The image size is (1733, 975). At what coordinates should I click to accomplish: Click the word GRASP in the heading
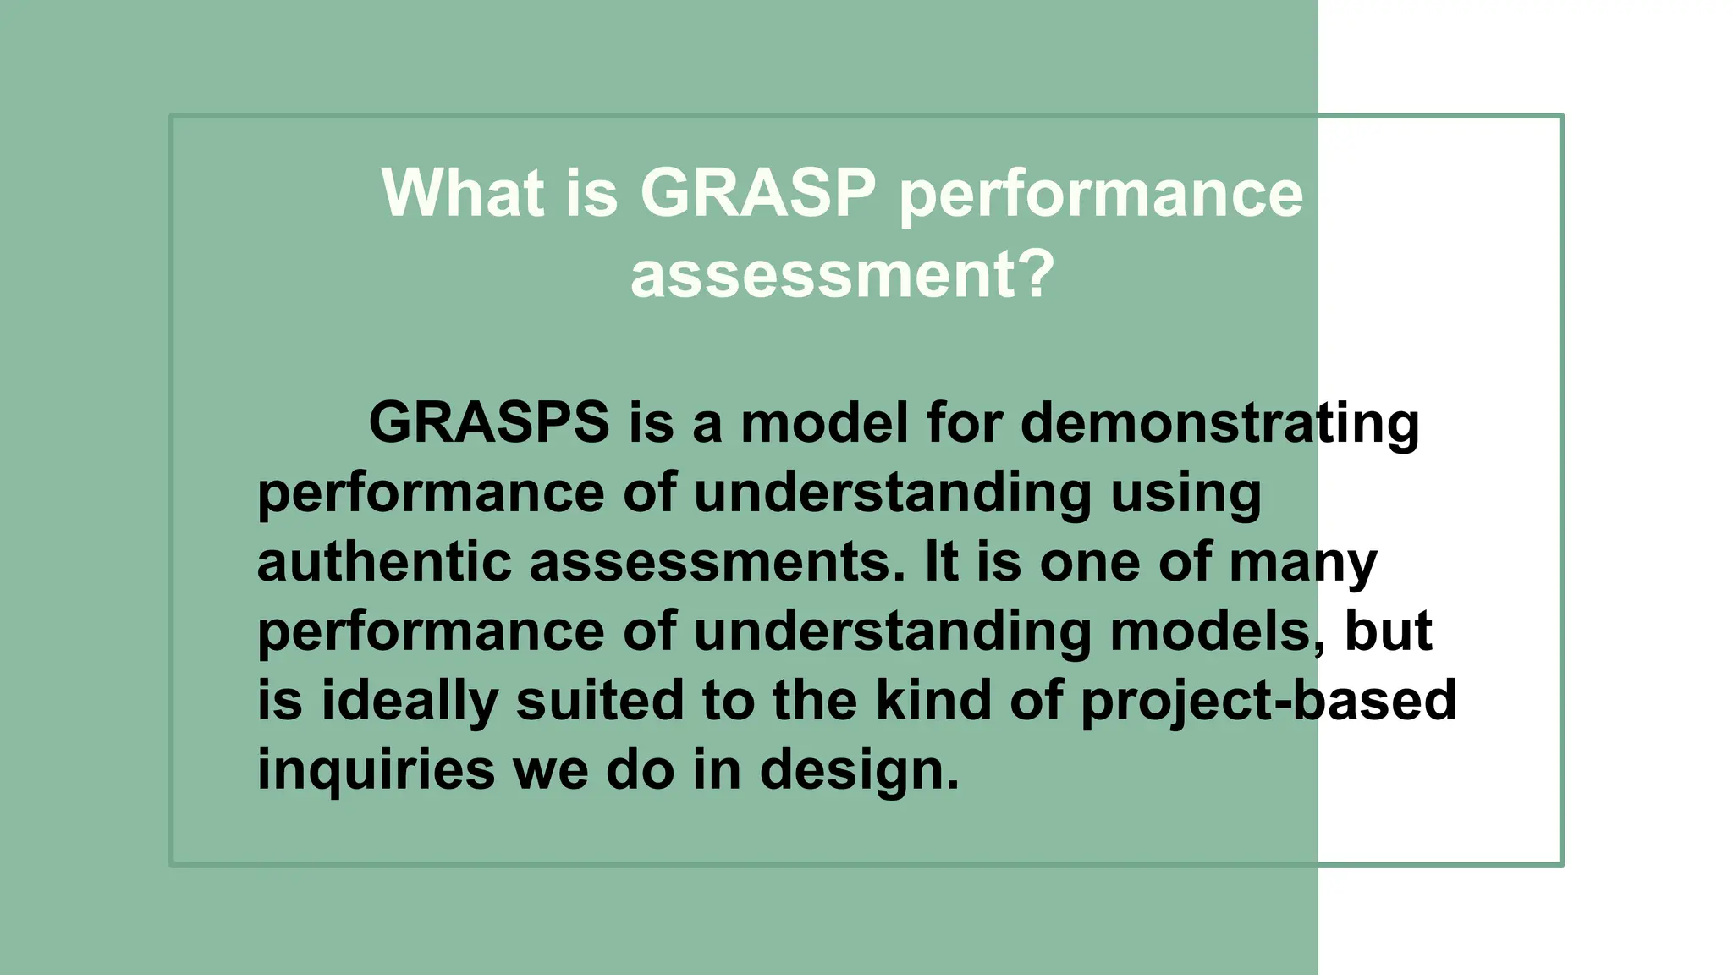pos(757,193)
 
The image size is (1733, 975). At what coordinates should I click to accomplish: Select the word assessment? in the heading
pos(842,274)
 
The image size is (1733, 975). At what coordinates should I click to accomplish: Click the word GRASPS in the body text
pos(488,421)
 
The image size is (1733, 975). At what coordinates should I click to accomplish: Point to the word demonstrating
pos(1219,421)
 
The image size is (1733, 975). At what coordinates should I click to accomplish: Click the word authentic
pos(384,561)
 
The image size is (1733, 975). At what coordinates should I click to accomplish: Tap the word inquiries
pos(376,770)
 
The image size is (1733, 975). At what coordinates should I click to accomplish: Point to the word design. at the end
pos(860,770)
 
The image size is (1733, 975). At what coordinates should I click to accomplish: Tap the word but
pos(1389,631)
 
